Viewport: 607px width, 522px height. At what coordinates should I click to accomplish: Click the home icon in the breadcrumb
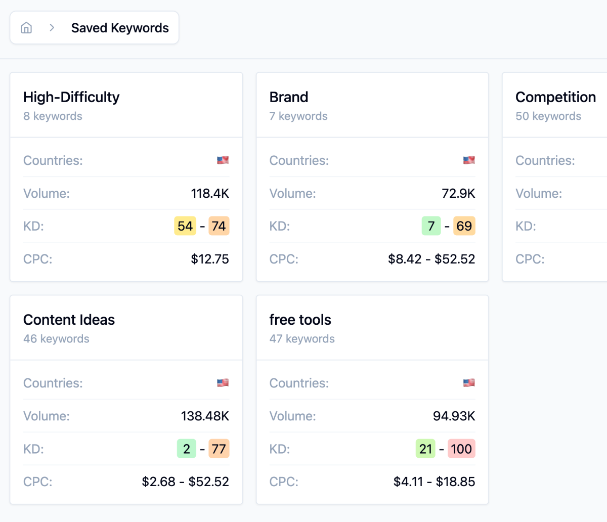[26, 28]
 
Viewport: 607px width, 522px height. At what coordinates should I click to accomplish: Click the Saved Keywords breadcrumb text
[120, 28]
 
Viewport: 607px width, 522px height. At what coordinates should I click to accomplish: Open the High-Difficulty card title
[71, 97]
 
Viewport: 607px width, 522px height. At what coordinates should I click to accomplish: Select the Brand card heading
[288, 97]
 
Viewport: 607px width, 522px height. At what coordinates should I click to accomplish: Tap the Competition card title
[555, 97]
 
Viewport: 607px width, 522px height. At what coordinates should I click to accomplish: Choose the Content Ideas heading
[69, 320]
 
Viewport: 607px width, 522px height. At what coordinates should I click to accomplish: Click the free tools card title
[300, 320]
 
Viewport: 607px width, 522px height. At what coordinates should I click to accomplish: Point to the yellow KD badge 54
[185, 226]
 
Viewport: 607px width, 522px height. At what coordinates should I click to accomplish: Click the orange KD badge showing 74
[219, 226]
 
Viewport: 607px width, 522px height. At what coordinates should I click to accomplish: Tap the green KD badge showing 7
[431, 226]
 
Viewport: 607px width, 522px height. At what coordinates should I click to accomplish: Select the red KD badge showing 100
[461, 449]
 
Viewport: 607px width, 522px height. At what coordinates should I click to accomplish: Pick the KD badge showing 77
[219, 449]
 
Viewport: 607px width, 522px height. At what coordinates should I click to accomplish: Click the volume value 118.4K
[210, 193]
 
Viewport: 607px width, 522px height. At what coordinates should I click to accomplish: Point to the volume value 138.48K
[205, 416]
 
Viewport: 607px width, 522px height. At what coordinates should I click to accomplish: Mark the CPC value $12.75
[210, 259]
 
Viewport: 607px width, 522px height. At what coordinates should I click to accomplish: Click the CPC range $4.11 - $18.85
[434, 482]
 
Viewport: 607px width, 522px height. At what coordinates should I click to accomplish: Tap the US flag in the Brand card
[469, 160]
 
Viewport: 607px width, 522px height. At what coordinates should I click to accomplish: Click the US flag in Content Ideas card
[223, 383]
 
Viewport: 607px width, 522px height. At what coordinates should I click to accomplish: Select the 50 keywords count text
[548, 116]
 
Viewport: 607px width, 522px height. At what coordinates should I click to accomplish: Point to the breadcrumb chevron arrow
[52, 28]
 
